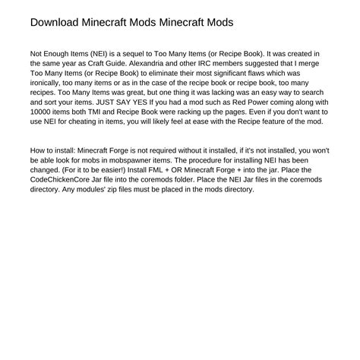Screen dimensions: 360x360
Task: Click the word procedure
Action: (x=246, y=163)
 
